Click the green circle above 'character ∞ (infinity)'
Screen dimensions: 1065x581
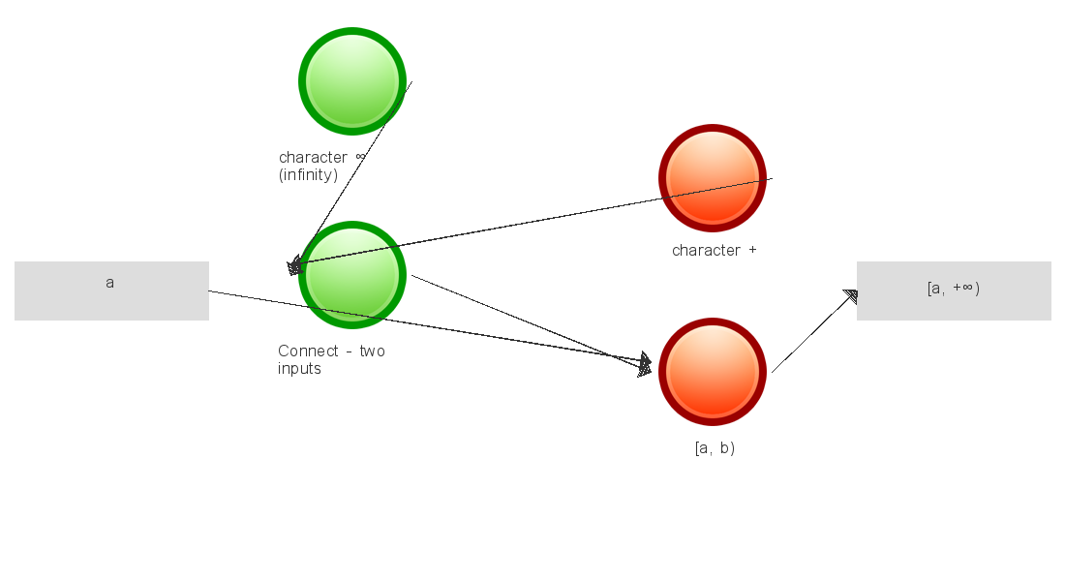(352, 81)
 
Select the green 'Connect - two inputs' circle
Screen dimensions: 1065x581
(352, 275)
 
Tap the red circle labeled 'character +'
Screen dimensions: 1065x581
(713, 178)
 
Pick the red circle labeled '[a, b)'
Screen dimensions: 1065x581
(713, 372)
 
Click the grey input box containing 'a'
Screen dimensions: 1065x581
(111, 290)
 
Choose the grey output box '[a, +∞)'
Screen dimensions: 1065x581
(954, 290)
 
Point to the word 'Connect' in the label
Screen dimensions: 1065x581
(308, 352)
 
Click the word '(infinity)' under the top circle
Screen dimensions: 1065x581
(308, 175)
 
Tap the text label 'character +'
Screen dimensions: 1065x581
(715, 251)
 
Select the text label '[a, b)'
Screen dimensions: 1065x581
(715, 447)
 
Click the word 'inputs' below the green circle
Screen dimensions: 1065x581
(299, 369)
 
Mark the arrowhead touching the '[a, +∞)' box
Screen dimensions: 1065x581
(851, 296)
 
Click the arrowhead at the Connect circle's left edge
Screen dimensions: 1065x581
(294, 265)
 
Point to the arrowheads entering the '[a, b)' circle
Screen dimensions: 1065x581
(645, 365)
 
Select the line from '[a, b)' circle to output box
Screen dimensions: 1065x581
(814, 332)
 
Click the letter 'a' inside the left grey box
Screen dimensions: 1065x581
(110, 283)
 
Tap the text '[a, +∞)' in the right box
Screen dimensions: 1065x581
(954, 289)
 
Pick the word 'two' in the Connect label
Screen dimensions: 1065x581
(372, 352)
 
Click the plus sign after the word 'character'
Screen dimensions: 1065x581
(752, 250)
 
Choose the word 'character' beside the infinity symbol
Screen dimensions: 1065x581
(313, 158)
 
